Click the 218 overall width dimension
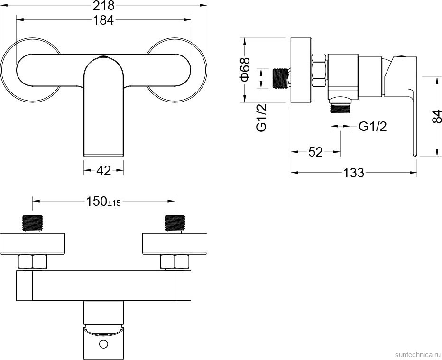(x=103, y=6)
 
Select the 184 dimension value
(x=103, y=20)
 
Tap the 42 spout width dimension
(x=104, y=170)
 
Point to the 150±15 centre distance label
(x=103, y=202)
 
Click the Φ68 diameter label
(x=245, y=69)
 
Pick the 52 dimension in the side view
(x=315, y=152)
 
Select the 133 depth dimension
(x=354, y=173)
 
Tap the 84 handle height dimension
(x=436, y=116)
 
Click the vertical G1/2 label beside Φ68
(x=261, y=118)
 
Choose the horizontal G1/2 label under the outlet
(x=373, y=127)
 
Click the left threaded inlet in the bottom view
(x=32, y=224)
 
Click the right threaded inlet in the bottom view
(x=175, y=224)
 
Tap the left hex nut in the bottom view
(x=33, y=262)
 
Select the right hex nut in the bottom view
(x=175, y=262)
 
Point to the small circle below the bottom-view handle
(x=103, y=344)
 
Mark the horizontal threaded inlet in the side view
(x=280, y=78)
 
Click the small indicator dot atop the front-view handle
(x=103, y=57)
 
